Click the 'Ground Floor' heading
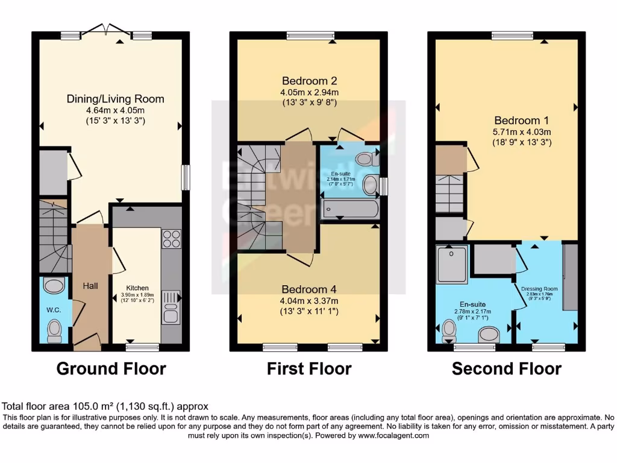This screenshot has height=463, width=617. pos(111,368)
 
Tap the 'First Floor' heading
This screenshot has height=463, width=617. pos(309,368)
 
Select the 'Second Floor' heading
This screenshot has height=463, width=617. pos(506,368)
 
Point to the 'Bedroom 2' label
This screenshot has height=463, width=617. pos(309,81)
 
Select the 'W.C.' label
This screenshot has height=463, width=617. pos(54,310)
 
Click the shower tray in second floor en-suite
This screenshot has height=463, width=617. pos(452,264)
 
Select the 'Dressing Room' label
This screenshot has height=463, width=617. pos(539,289)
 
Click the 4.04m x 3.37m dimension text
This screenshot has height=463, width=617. pos(309,300)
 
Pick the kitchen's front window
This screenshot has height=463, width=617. pos(143,347)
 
